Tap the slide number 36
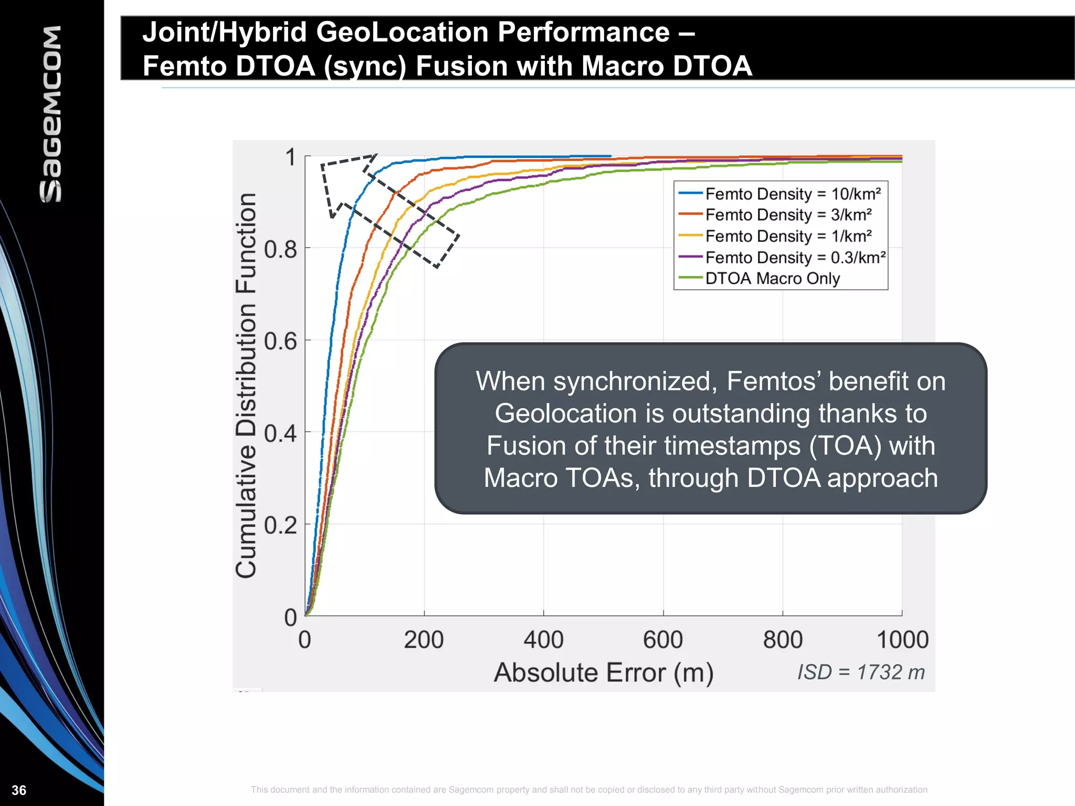pos(19,790)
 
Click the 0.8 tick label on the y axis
pos(280,249)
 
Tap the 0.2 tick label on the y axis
pos(280,525)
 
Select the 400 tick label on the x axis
pos(543,640)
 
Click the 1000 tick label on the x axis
pos(902,640)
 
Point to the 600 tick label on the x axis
pos(663,640)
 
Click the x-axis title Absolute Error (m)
pos(604,672)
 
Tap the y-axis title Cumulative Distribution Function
pos(246,386)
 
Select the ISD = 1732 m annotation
pos(861,672)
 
